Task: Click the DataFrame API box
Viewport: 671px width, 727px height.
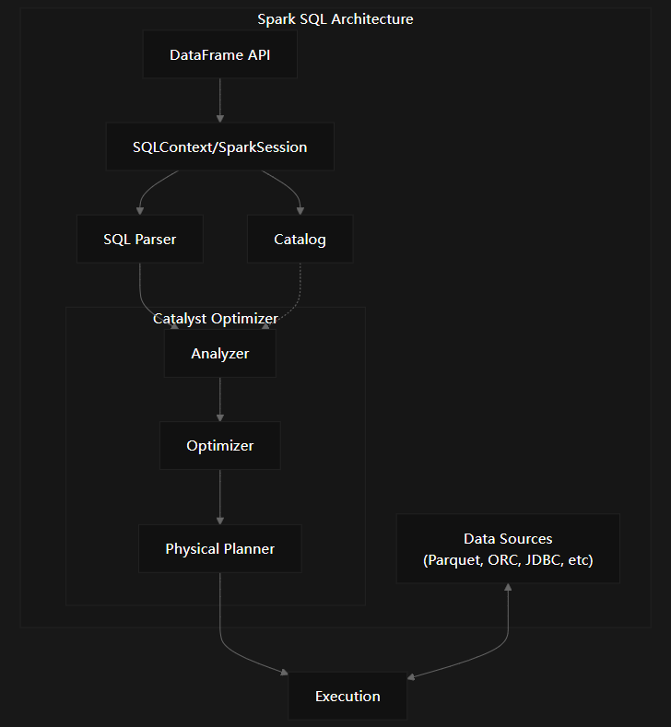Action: click(219, 55)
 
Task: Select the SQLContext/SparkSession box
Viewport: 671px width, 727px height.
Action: click(219, 147)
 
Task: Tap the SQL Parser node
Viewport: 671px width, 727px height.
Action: click(139, 240)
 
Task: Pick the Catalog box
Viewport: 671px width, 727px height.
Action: click(300, 240)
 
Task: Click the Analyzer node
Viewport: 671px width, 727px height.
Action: click(219, 354)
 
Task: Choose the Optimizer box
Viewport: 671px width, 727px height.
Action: click(219, 446)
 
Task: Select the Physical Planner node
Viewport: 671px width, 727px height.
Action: click(219, 549)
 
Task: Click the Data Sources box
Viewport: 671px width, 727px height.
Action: click(508, 549)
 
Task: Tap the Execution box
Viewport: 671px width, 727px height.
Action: click(347, 697)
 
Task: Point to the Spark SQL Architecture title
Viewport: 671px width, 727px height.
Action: click(335, 19)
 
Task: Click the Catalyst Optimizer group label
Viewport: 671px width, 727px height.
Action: click(215, 319)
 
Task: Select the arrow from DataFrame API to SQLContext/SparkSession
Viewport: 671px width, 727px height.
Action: click(219, 100)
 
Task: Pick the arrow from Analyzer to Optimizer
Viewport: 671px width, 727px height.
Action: click(219, 399)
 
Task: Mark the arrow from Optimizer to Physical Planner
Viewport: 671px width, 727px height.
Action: click(219, 497)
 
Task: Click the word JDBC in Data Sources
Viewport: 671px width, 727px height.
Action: click(543, 560)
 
